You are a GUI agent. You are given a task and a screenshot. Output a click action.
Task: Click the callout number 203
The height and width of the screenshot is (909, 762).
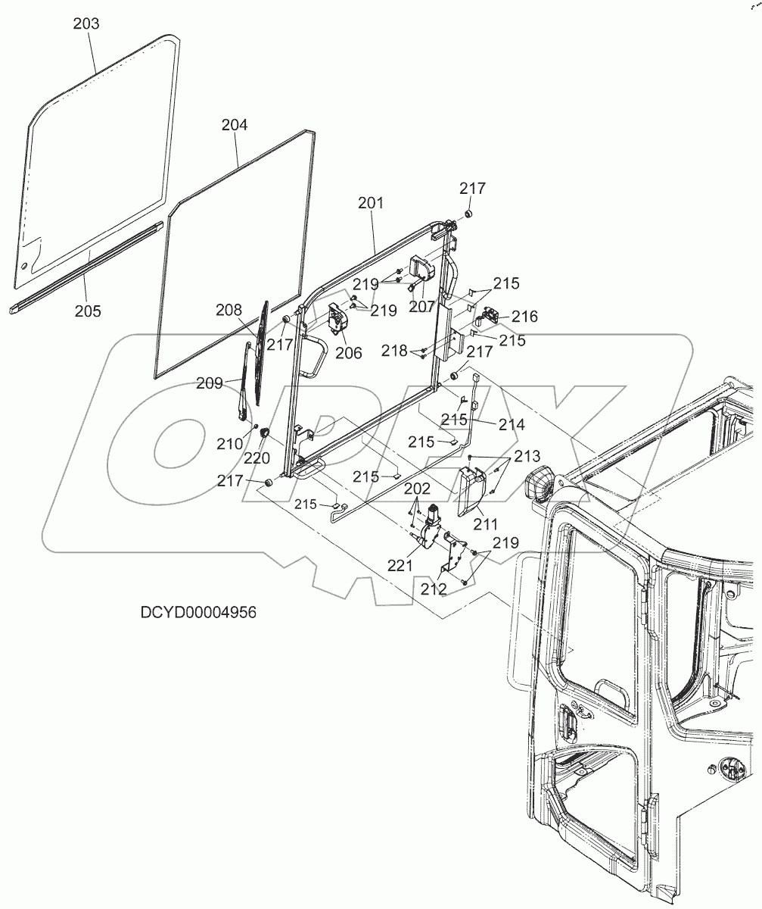click(x=86, y=23)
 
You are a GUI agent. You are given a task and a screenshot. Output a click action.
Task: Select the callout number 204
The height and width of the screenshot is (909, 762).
click(x=234, y=125)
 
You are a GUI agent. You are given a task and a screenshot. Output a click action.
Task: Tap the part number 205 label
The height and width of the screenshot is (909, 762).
click(x=88, y=311)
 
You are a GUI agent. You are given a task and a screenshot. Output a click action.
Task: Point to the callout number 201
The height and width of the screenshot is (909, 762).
click(x=371, y=203)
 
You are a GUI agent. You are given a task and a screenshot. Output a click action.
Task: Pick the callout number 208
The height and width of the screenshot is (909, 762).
click(x=229, y=310)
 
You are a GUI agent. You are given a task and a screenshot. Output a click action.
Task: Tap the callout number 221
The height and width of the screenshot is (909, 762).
click(x=400, y=564)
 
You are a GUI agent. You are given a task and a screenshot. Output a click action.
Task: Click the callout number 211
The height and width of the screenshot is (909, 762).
click(x=486, y=523)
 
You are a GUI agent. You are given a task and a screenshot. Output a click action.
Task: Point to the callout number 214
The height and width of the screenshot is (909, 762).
click(x=512, y=426)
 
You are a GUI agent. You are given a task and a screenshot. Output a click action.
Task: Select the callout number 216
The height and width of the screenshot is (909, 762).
click(x=524, y=317)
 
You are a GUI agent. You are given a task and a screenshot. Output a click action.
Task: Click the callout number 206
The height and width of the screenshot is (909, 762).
click(x=349, y=352)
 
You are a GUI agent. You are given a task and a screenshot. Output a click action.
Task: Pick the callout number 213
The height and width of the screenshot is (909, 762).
click(x=527, y=457)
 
